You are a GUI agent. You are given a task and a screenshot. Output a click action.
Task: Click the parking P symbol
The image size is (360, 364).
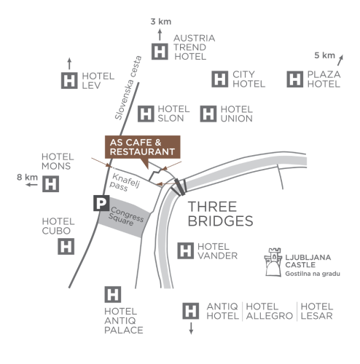[x=101, y=203]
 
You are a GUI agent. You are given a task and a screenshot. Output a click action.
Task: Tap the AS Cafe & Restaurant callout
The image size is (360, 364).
[x=143, y=147]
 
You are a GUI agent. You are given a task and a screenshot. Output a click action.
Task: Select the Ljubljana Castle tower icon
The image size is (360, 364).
[x=273, y=262]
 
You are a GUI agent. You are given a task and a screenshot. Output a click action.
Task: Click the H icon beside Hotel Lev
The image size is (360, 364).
[x=69, y=80]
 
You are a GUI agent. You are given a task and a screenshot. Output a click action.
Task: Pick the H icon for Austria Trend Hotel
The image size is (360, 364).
[x=160, y=52]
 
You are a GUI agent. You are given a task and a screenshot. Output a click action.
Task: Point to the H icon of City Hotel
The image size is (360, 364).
[x=220, y=79]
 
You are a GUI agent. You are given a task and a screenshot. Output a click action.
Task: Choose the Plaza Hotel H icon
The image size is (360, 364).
[x=295, y=79]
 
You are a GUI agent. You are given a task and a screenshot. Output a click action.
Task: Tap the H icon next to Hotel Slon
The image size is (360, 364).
[x=146, y=114]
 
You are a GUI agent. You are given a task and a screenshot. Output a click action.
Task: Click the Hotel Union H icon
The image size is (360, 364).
[x=208, y=114]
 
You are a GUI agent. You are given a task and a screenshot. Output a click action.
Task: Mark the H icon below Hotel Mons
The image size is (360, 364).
[x=50, y=184]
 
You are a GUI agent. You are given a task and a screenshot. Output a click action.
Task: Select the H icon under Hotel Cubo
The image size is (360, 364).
[x=66, y=247]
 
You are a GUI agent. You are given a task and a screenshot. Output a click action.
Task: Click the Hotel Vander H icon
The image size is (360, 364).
[x=186, y=250]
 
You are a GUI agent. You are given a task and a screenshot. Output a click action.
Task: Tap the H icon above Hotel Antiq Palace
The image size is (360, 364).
[x=113, y=294]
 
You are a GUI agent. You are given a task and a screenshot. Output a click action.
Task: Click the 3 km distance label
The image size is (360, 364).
[x=161, y=22]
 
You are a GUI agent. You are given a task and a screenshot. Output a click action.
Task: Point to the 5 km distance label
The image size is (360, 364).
[x=324, y=55]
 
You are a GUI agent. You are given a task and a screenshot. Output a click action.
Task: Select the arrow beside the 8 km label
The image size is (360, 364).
[x=32, y=185]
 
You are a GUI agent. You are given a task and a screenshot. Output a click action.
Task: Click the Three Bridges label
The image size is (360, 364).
[x=220, y=214]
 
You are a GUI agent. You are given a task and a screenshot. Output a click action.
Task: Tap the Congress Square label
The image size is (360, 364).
[x=126, y=216]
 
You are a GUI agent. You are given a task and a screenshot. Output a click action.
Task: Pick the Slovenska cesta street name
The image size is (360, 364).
[x=128, y=87]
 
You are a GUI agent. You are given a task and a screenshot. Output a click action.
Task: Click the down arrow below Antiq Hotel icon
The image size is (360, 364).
[x=191, y=328]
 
